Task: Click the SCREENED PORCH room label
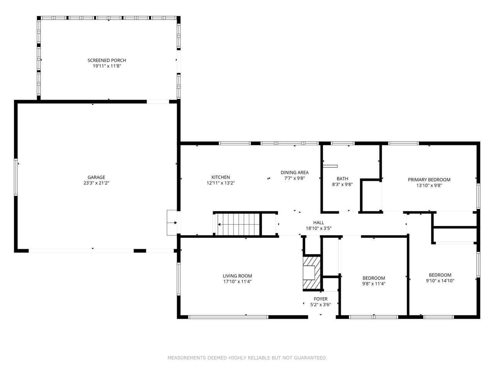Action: [107, 60]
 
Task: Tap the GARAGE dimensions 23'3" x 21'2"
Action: [96, 183]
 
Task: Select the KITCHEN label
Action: [221, 177]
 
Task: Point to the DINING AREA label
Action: [294, 173]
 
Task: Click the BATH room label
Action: [342, 179]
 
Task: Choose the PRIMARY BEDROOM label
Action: [429, 180]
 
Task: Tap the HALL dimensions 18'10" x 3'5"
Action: [319, 228]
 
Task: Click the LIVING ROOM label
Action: [237, 276]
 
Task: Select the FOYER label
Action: [321, 299]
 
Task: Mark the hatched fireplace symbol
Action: [312, 273]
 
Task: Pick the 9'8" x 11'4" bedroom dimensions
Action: [374, 284]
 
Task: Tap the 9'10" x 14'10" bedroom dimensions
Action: [440, 281]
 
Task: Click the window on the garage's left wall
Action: [16, 177]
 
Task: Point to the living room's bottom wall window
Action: [228, 317]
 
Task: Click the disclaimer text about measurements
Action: [247, 358]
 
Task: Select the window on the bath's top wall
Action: [343, 143]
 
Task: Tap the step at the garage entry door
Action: [172, 223]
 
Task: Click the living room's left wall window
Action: [179, 279]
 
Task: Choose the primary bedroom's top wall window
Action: [403, 143]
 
